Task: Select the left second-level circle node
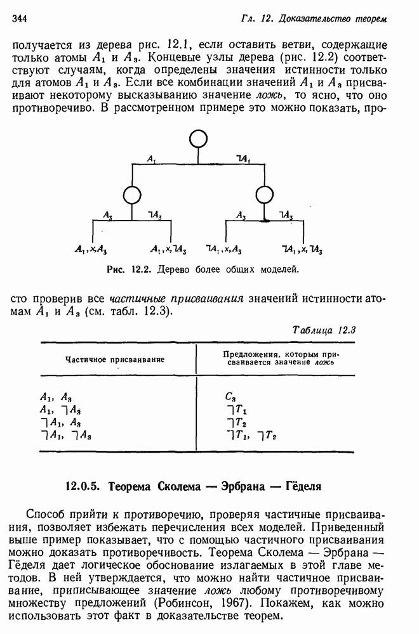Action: pos(131,195)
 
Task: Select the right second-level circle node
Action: pos(265,195)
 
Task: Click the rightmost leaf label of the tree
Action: pos(303,250)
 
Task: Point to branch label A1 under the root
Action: pos(151,160)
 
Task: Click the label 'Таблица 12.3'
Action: pos(324,330)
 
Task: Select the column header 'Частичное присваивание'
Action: pos(115,359)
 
